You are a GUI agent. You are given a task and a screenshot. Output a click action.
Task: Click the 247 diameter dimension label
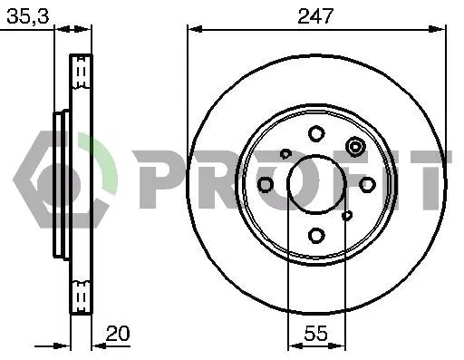click(x=315, y=16)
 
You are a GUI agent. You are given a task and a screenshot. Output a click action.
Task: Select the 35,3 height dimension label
click(x=28, y=16)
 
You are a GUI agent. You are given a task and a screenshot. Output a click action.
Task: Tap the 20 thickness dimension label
click(x=118, y=334)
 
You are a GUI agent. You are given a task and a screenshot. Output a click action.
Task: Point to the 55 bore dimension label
click(x=316, y=334)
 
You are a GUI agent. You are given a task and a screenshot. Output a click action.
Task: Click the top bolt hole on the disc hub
click(x=316, y=133)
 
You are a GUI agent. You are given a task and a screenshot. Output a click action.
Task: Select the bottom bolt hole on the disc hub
click(x=316, y=235)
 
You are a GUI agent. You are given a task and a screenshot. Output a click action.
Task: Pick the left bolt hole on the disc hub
click(x=266, y=184)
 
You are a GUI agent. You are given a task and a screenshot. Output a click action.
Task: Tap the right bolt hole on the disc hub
click(x=367, y=184)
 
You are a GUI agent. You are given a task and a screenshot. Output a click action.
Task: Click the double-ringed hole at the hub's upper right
click(x=355, y=147)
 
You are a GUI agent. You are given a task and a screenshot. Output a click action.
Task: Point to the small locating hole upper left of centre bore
click(x=285, y=153)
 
